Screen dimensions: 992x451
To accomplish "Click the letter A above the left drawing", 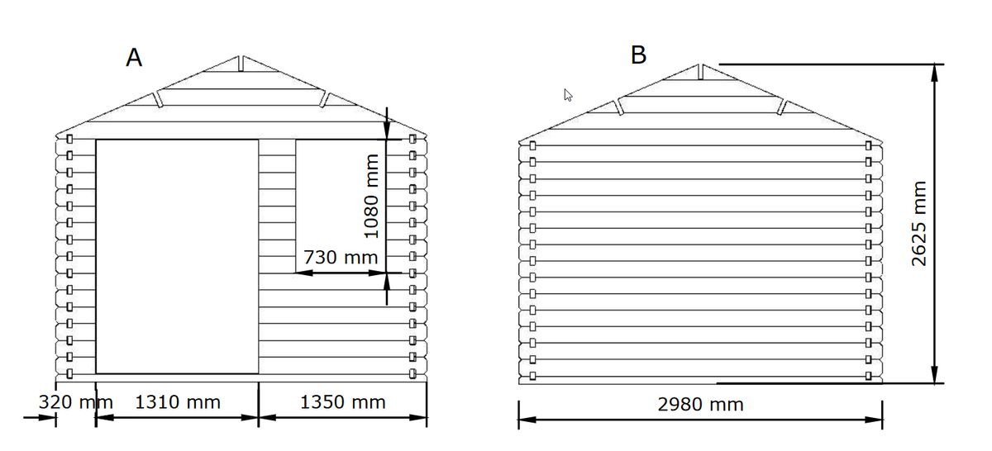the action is [134, 58].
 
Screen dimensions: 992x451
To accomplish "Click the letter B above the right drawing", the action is [638, 55].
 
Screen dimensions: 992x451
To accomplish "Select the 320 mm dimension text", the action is [76, 402].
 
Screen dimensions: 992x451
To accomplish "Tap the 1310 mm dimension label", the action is [178, 402].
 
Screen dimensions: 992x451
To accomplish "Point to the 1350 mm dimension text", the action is [343, 402].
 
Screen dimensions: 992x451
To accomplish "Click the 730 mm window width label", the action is [341, 257].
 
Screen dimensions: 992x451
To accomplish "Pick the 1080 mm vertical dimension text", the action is [371, 197].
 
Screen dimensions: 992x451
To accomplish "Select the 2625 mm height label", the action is [919, 224].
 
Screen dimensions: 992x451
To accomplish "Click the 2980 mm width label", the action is [700, 405].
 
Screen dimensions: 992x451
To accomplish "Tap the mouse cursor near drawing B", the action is [568, 95].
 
